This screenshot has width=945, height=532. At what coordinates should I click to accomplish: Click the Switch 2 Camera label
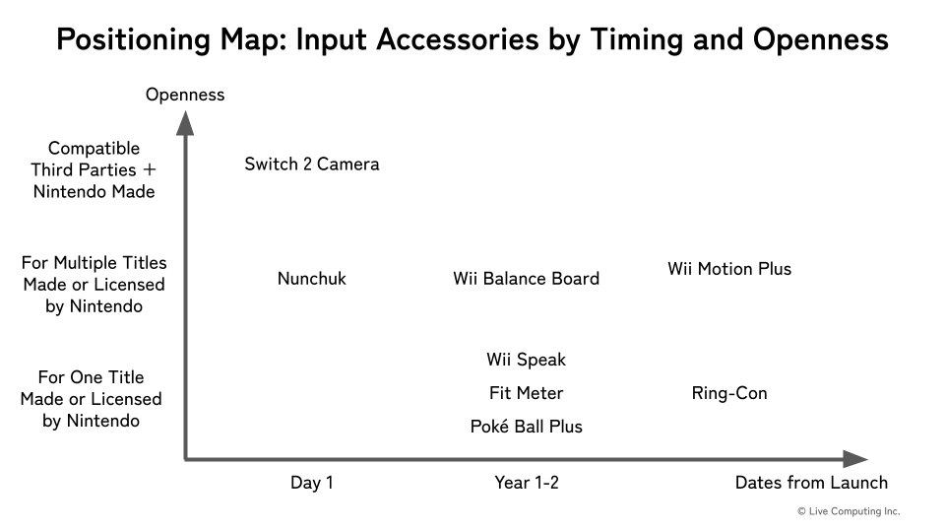(312, 165)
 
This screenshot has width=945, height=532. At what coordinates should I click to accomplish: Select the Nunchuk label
(312, 279)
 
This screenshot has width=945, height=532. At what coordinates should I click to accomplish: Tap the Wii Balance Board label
(526, 279)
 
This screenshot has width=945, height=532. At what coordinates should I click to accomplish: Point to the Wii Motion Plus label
(729, 269)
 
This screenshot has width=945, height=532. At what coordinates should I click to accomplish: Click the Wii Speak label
(526, 361)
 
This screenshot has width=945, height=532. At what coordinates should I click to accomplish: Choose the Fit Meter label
(526, 393)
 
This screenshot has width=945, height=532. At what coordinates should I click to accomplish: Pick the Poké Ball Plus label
(526, 427)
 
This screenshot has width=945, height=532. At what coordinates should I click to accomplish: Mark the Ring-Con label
(729, 393)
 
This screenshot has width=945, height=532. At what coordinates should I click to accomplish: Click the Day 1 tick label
(312, 483)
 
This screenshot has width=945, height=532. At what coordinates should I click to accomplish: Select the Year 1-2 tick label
(526, 483)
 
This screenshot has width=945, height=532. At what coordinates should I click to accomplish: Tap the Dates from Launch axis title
(811, 483)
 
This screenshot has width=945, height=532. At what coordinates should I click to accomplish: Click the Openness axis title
(185, 95)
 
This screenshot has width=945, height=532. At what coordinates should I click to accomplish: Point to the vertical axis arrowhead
(185, 124)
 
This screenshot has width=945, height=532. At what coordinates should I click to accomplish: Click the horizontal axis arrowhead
(855, 459)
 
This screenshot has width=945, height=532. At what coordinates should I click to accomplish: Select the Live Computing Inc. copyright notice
(849, 511)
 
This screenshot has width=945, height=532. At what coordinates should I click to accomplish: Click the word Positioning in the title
(134, 39)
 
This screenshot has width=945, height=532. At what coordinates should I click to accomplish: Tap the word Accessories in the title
(458, 39)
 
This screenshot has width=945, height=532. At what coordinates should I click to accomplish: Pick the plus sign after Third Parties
(149, 170)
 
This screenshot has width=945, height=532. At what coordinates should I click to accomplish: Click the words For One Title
(91, 377)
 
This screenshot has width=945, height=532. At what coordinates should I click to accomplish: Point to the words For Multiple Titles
(94, 263)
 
